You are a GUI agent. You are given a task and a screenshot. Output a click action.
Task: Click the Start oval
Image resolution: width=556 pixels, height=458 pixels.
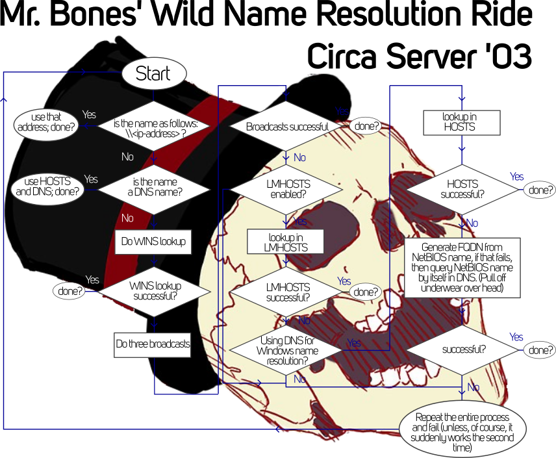154,73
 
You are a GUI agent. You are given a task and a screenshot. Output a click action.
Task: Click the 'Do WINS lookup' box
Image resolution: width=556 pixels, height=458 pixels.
153,242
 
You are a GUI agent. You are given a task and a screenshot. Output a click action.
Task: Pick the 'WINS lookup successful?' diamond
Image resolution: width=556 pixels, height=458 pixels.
154,292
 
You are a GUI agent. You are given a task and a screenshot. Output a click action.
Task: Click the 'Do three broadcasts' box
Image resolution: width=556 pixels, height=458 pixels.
153,344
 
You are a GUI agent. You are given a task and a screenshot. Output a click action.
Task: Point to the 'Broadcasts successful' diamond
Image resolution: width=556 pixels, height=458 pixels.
286,126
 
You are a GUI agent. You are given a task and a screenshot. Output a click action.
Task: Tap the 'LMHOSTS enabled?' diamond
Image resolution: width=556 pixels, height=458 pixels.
286,190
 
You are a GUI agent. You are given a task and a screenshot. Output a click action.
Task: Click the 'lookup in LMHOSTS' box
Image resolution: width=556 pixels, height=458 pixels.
285,242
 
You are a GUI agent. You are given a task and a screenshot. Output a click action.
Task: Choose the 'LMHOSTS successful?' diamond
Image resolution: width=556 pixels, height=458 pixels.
286,292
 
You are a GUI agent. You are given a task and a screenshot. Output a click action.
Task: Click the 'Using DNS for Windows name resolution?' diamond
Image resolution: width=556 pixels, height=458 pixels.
286,350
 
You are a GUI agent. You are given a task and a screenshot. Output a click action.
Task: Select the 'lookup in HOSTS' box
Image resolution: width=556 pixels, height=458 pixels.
462,123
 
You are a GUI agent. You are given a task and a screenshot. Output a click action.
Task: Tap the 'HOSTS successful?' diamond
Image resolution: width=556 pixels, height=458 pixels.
462,190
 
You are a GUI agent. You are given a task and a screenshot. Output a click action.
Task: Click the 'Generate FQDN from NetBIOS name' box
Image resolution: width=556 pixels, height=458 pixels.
462,268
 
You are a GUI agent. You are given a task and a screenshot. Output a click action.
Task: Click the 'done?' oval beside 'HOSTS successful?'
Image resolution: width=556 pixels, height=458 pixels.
540,190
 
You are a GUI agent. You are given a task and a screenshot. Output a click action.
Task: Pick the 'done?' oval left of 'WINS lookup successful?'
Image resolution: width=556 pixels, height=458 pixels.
69,291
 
